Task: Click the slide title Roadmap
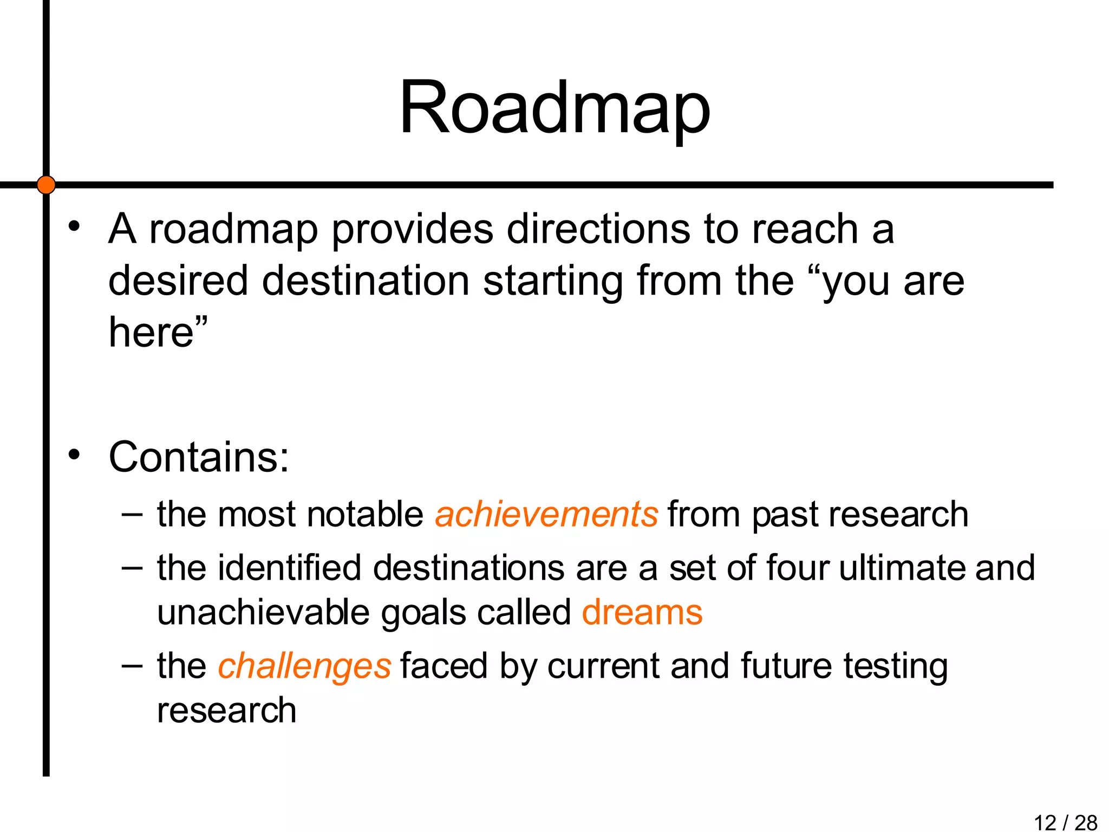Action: coord(554,108)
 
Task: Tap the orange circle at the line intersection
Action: coord(47,185)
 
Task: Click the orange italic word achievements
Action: coord(546,514)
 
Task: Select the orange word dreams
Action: coord(642,613)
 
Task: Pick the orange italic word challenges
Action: coord(304,666)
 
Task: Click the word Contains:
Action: coord(199,457)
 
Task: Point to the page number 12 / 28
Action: coord(1065,822)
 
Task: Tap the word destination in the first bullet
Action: coord(366,281)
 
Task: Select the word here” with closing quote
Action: coord(158,331)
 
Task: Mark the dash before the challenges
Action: coord(132,665)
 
